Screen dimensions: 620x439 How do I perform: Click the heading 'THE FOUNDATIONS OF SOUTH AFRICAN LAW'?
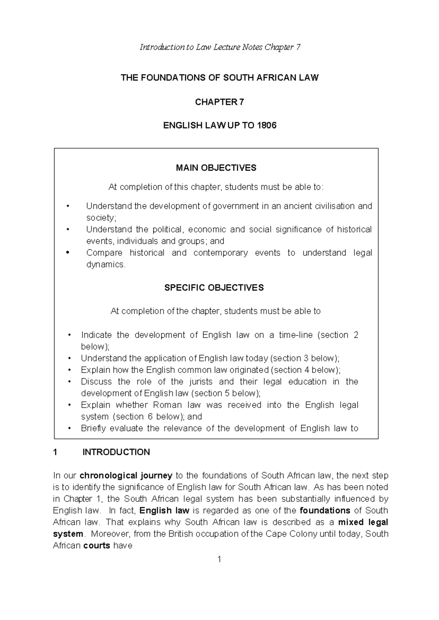pyautogui.click(x=220, y=78)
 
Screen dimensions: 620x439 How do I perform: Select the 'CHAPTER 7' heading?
pyautogui.click(x=219, y=102)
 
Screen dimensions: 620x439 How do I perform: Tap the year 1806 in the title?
pyautogui.click(x=267, y=126)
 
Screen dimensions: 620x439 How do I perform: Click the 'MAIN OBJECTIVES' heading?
pyautogui.click(x=216, y=168)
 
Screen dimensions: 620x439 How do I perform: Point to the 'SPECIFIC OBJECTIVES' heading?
pyautogui.click(x=214, y=288)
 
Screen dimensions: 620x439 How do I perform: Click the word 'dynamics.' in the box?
pyautogui.click(x=106, y=265)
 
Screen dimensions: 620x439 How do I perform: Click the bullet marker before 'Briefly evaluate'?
pyautogui.click(x=70, y=429)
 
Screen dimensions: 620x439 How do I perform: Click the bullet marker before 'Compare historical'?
pyautogui.click(x=67, y=253)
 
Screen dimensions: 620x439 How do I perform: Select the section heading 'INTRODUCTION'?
pyautogui.click(x=116, y=452)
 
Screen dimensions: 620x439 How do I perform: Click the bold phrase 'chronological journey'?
pyautogui.click(x=126, y=476)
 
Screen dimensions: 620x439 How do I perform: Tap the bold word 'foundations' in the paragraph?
pyautogui.click(x=325, y=511)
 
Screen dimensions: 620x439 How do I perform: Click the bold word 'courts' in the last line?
pyautogui.click(x=97, y=546)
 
